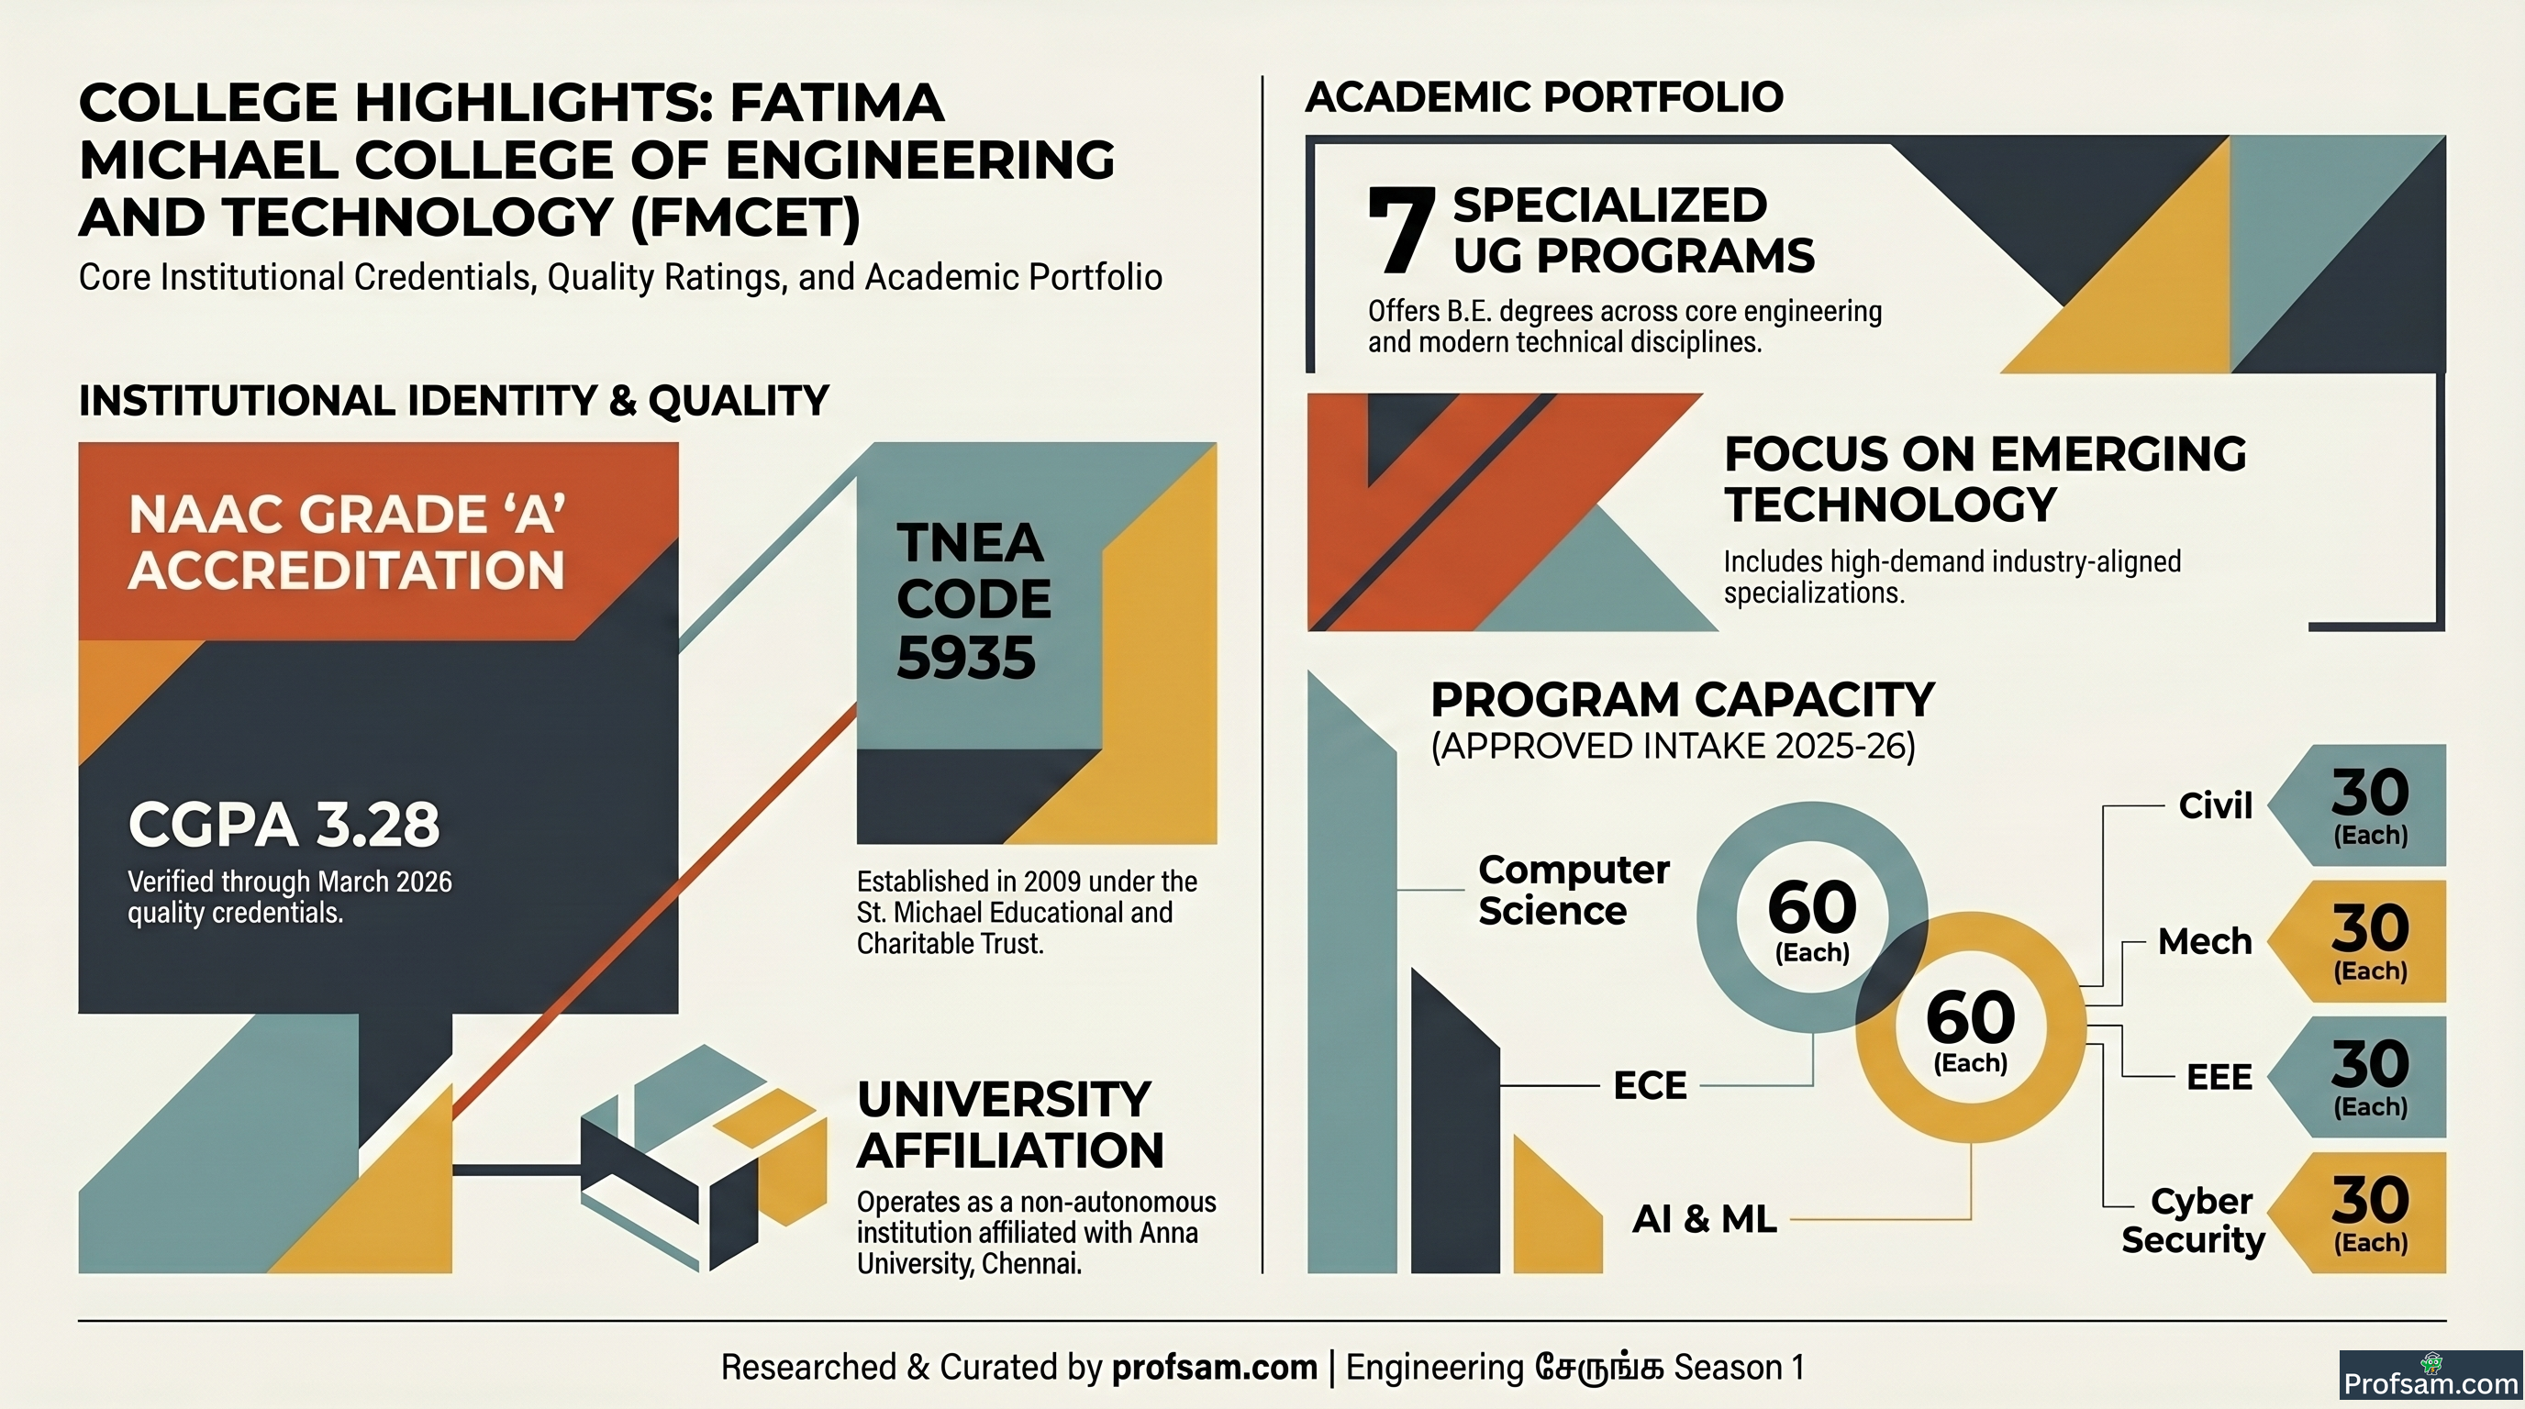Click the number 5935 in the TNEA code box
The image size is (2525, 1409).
coord(965,658)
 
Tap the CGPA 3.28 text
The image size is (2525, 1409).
coord(284,824)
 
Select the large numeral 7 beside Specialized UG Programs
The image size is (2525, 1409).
coord(1402,230)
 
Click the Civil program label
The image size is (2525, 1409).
coord(2215,805)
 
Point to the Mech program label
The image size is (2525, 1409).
coord(2205,941)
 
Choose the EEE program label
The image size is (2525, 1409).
coord(2219,1077)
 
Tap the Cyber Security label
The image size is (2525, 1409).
coord(2194,1221)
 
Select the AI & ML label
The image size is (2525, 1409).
coord(1705,1219)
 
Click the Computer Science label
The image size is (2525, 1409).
coord(1574,891)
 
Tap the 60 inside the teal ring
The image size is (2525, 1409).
coord(1812,907)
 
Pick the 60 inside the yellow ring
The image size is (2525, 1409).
coord(1970,1018)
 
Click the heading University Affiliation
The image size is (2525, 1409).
coord(1010,1125)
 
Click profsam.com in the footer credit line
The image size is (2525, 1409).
coord(1215,1367)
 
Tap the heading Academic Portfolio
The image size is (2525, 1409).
coord(1544,97)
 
